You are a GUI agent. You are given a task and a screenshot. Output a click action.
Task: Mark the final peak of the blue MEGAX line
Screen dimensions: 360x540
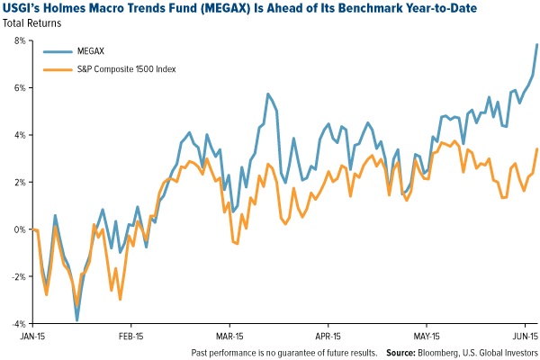[x=537, y=44]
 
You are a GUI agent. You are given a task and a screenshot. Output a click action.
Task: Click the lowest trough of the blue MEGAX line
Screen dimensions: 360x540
[x=77, y=319]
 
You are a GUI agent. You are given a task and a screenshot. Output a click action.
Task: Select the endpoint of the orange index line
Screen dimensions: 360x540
[x=537, y=149]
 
